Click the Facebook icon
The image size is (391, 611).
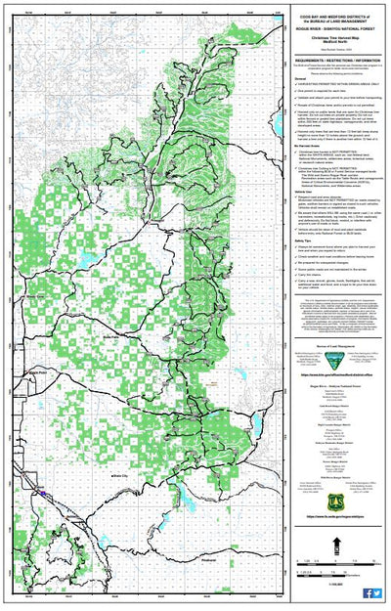pos(367,593)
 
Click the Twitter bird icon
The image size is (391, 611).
pos(377,593)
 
